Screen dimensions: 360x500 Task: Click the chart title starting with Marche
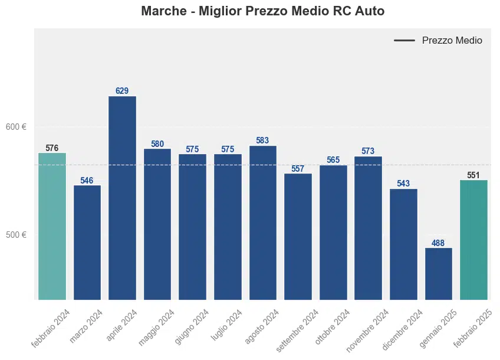(263, 11)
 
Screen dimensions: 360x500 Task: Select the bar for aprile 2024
(122, 198)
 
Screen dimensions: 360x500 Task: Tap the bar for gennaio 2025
(439, 273)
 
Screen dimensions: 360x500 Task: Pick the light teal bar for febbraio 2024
(52, 226)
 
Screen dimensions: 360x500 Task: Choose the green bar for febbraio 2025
(473, 240)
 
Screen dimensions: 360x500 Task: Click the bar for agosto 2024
(262, 222)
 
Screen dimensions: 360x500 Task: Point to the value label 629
(122, 91)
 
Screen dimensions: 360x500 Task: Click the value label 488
(439, 243)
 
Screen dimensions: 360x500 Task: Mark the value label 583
(262, 140)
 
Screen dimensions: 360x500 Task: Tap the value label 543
(403, 184)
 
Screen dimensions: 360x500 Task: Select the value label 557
(298, 169)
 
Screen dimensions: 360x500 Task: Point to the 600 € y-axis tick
(16, 126)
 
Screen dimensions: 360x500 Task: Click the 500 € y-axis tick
(16, 234)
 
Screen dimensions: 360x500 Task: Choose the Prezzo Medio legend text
(452, 41)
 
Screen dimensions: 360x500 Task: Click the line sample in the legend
(404, 41)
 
